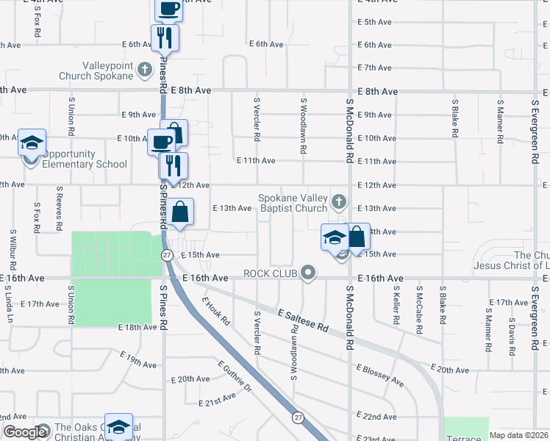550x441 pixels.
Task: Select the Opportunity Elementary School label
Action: (x=84, y=159)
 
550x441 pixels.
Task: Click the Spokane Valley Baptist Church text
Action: (x=292, y=203)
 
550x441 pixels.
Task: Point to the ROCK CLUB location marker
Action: (x=309, y=273)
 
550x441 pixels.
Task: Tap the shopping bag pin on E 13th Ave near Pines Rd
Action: (x=179, y=213)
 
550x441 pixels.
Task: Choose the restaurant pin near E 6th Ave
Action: (x=165, y=37)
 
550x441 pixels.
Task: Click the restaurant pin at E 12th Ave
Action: (x=174, y=166)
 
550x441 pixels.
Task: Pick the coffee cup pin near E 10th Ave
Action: (x=162, y=142)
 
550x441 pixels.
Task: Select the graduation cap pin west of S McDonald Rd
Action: (x=334, y=237)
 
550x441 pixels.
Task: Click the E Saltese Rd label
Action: (x=304, y=323)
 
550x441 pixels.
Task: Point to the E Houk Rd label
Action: (x=217, y=312)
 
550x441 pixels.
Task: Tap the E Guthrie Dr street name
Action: (x=235, y=376)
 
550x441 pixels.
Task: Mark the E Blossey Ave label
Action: (x=380, y=376)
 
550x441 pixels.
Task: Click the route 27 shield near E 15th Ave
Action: (x=168, y=255)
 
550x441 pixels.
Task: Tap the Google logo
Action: (x=25, y=432)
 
